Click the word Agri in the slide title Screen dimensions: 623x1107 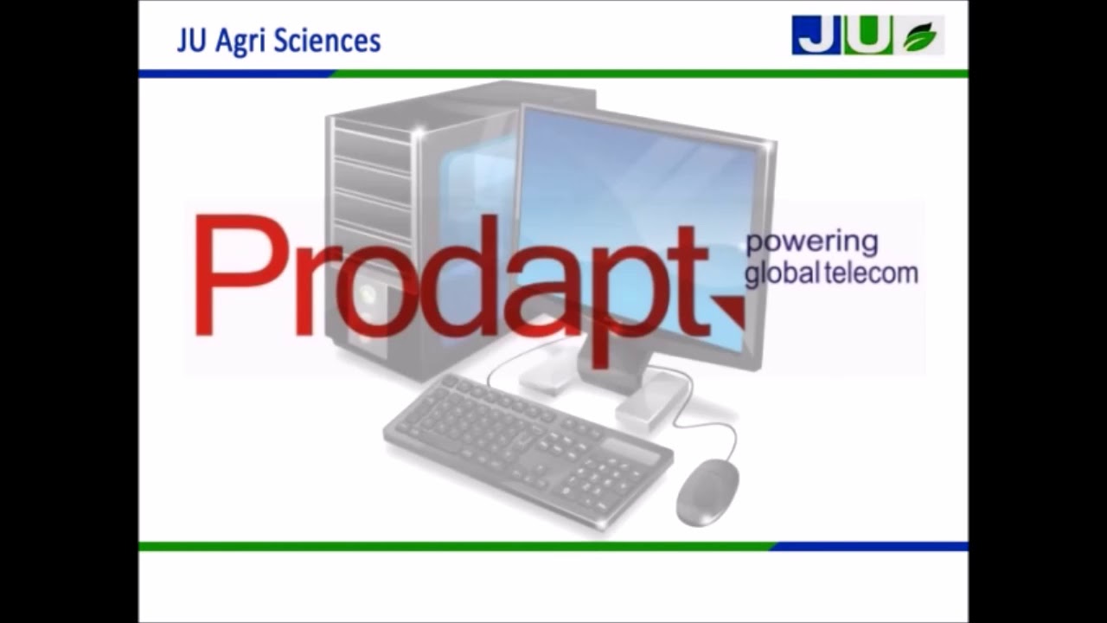(236, 42)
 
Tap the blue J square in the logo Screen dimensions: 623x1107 (816, 35)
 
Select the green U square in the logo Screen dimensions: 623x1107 (867, 35)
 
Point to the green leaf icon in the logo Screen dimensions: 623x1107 (919, 37)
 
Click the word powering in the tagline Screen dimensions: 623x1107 (811, 243)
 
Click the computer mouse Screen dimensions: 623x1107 (707, 491)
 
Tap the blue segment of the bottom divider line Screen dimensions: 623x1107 (869, 546)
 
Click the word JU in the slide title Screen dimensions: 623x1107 (190, 42)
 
